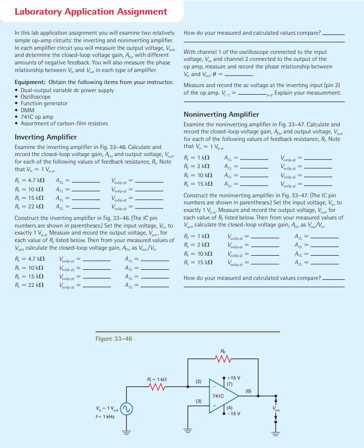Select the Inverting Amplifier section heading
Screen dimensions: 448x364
pos(46,137)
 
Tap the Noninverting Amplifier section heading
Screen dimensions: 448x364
pos(221,114)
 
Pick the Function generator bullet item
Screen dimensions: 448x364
pos(44,103)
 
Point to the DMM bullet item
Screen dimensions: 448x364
pos(28,110)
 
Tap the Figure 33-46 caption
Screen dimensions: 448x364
pos(114,339)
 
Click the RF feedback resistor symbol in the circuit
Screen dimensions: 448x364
pos(223,359)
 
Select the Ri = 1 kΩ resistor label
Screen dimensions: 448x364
pos(157,379)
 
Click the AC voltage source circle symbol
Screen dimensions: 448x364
pos(126,408)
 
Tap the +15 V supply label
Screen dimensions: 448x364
pos(234,378)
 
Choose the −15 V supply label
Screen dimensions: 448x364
pos(234,414)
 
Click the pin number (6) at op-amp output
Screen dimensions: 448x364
pos(248,391)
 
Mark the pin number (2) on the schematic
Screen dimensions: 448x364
pos(199,382)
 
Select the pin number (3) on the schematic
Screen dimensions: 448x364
pos(199,401)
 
